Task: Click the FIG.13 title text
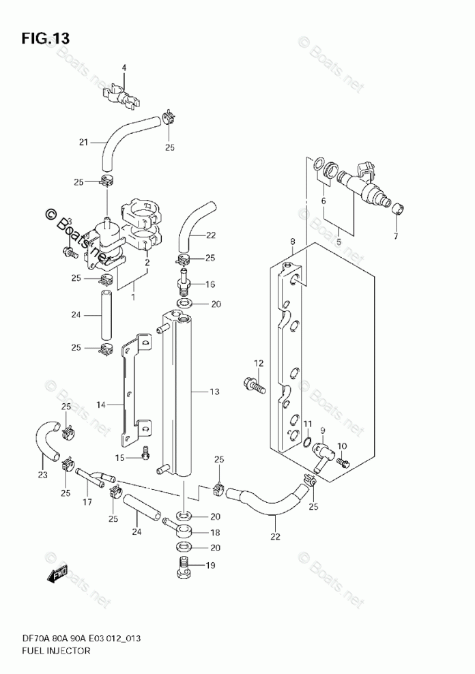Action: [44, 38]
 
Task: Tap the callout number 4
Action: [124, 68]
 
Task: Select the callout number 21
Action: [83, 143]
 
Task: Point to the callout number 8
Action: [292, 241]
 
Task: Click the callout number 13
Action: [214, 392]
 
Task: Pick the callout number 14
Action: [100, 405]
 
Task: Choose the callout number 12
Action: [259, 362]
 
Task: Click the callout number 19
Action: [210, 565]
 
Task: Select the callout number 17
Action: [87, 503]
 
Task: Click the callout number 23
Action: [43, 475]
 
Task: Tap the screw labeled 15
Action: [145, 452]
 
